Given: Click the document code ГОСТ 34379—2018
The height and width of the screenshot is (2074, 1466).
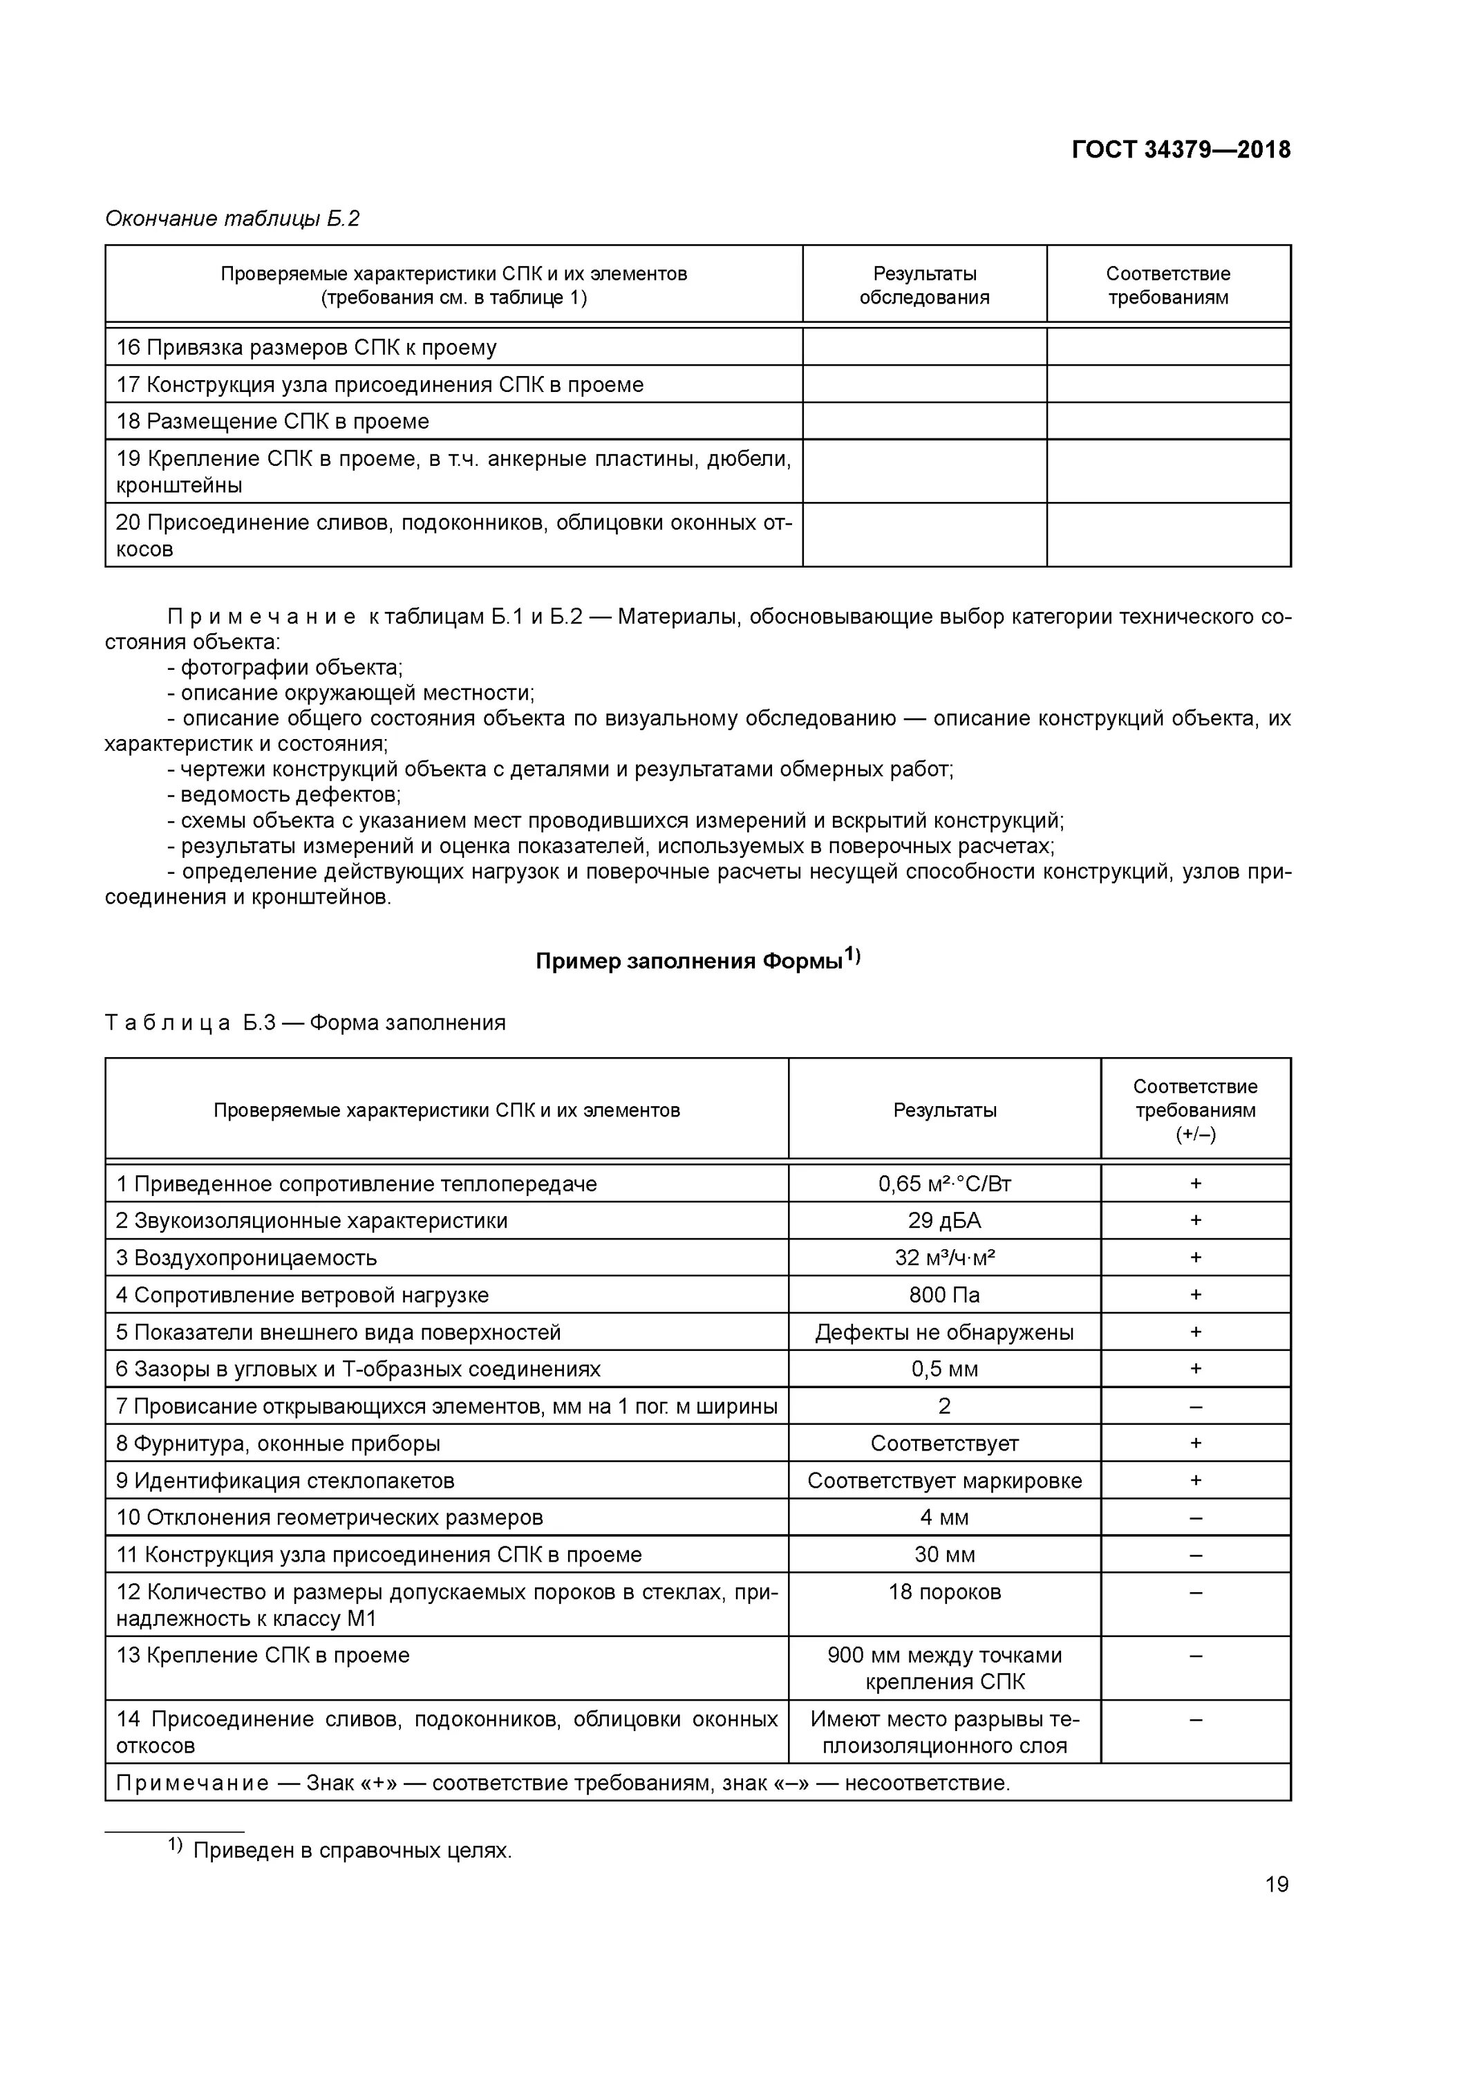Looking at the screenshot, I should pos(1181,150).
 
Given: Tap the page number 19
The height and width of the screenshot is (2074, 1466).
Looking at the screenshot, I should pos(1277,1883).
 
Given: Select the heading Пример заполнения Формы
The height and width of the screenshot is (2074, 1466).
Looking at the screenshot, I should pos(697,960).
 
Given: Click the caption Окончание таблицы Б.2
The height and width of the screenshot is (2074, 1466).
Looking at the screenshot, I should pos(232,218).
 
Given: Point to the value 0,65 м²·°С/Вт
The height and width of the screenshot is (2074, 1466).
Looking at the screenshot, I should pos(944,1184).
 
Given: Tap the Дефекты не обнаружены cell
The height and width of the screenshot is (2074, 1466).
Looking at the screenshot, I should pos(944,1332).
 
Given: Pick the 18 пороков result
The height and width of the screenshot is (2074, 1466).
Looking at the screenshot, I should pos(944,1591).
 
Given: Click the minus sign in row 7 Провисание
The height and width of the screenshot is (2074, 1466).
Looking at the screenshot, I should pos(1195,1406).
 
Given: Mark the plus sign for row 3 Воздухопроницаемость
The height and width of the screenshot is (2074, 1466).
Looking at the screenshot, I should pos(1195,1258).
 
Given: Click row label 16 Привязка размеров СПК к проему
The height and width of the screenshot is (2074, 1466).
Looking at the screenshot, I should pos(306,348).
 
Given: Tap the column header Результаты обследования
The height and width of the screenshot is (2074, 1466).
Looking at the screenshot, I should pos(924,286).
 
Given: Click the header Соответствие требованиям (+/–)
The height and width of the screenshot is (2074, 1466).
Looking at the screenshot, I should pos(1195,1110).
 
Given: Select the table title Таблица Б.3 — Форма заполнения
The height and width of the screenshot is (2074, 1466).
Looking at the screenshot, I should pos(306,1022).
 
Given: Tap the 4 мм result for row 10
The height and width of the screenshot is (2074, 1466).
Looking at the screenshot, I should pos(944,1517).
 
